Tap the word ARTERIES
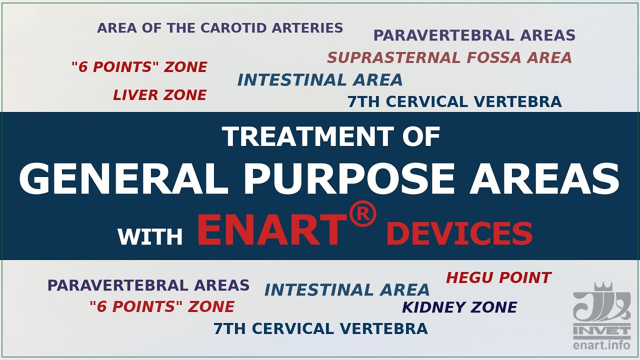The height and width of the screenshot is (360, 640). [311, 28]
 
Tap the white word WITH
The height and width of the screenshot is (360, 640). [150, 236]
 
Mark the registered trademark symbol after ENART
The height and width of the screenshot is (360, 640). [363, 215]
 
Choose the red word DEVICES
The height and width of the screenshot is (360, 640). [459, 234]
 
